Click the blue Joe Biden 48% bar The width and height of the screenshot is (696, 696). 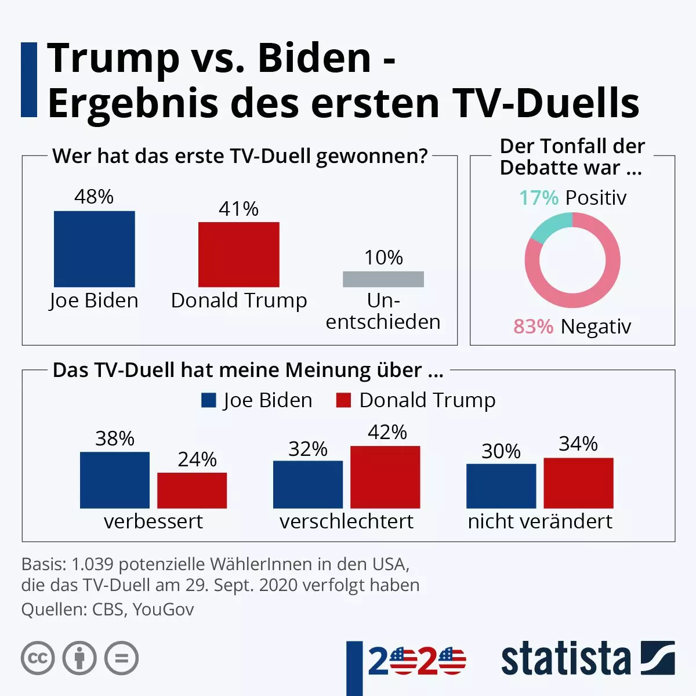click(95, 249)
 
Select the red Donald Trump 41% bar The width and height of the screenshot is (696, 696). click(238, 254)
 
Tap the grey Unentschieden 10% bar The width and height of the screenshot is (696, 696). click(383, 279)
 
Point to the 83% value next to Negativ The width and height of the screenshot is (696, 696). click(533, 327)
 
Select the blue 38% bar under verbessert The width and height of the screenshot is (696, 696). click(115, 480)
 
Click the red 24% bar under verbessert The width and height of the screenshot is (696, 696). click(192, 491)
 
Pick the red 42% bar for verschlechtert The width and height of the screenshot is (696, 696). click(385, 477)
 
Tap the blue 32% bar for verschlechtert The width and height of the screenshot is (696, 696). click(308, 484)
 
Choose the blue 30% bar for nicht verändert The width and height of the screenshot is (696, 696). click(501, 486)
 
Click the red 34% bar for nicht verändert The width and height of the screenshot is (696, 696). click(578, 483)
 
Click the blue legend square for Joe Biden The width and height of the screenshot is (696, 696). click(209, 400)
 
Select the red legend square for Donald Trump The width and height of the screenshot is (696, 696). click(343, 400)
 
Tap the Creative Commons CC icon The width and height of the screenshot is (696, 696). click(38, 658)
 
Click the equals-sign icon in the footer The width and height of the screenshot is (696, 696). click(121, 658)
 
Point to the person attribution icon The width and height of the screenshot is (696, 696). click(79, 658)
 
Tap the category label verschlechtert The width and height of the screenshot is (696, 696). click(346, 521)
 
